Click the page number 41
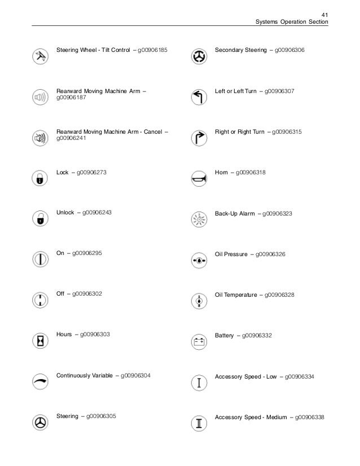pyautogui.click(x=323, y=14)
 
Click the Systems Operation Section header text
pyautogui.click(x=291, y=22)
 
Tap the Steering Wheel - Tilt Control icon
pyautogui.click(x=39, y=56)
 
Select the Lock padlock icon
pyautogui.click(x=39, y=178)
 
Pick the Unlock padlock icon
pyautogui.click(x=39, y=219)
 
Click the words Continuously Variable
pyautogui.click(x=84, y=375)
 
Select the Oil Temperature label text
pyautogui.click(x=236, y=294)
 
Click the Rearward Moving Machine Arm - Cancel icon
pyautogui.click(x=39, y=138)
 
